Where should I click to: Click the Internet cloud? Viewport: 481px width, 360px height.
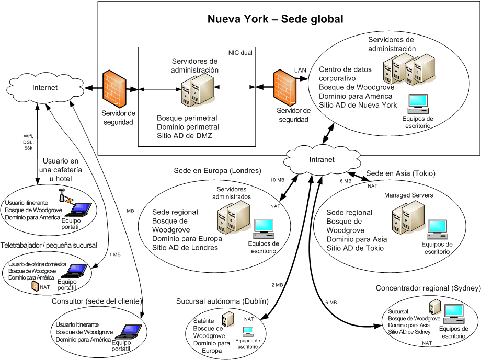(44, 87)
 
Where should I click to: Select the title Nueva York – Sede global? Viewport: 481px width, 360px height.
(275, 19)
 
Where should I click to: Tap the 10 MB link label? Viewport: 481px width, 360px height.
(277, 180)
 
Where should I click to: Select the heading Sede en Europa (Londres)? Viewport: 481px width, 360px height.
(217, 171)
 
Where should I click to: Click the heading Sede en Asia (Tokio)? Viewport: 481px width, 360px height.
(400, 173)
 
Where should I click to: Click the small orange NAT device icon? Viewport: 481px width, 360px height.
(35, 286)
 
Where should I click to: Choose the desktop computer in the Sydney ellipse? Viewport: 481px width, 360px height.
(453, 312)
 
